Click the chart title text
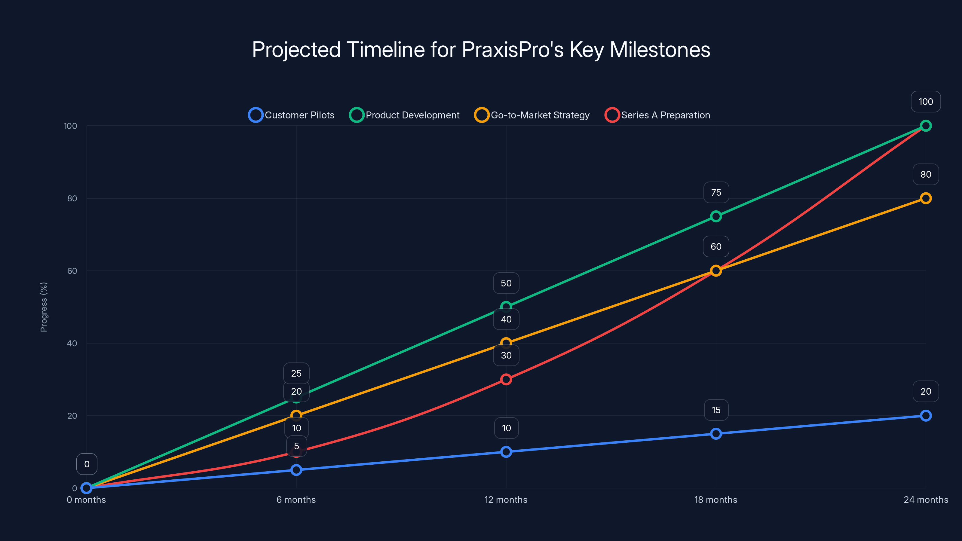coord(481,50)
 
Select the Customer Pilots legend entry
coord(292,115)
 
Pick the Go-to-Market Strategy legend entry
coord(532,115)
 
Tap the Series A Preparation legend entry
coord(658,115)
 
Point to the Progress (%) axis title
coord(44,307)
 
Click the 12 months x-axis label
coord(506,500)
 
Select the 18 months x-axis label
coord(715,500)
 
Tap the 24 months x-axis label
coord(925,500)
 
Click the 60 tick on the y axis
coord(72,271)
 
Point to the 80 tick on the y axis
coord(72,198)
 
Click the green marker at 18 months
coord(716,216)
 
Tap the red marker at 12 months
coord(506,379)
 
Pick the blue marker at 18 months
coord(716,433)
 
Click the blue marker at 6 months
coord(296,470)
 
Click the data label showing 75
coord(716,192)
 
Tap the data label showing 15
coord(716,410)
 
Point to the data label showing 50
coord(506,283)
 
